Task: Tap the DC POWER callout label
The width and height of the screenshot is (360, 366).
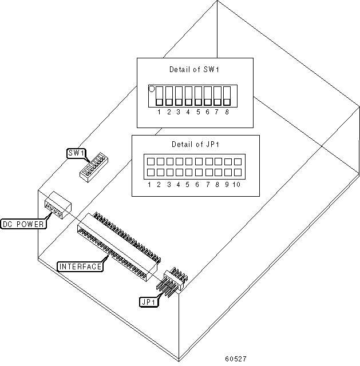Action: (23, 224)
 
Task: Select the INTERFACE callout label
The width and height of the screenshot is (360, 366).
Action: (80, 266)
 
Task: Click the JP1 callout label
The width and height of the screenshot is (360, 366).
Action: (147, 301)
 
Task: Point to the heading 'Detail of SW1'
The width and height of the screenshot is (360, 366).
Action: (195, 70)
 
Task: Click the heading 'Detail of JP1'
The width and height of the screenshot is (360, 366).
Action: (195, 144)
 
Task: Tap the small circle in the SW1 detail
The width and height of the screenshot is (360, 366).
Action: (152, 89)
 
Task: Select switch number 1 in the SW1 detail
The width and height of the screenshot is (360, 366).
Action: (160, 96)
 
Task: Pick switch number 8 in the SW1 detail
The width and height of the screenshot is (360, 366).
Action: (227, 96)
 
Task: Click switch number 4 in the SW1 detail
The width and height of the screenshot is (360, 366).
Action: (188, 96)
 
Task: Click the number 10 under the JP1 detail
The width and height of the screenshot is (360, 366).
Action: (237, 184)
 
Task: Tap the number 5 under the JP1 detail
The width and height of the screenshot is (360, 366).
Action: (188, 184)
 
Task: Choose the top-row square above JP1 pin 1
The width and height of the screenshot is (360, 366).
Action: (150, 162)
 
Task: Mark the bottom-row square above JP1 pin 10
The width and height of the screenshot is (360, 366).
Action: (236, 172)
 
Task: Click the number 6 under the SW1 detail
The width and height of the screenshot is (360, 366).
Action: (207, 112)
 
